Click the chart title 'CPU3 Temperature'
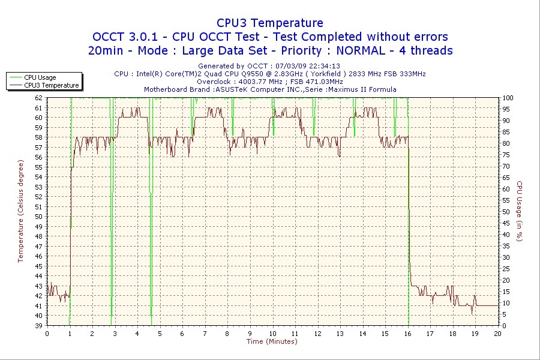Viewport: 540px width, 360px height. coord(269,23)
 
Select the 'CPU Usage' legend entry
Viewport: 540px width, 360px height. coord(40,77)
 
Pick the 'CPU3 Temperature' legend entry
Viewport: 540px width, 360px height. coord(51,85)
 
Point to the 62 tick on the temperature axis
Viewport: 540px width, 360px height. coord(39,98)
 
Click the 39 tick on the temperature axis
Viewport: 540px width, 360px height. coord(39,325)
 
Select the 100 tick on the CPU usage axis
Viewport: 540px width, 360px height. coord(508,98)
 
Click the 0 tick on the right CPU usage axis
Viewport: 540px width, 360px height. coord(505,325)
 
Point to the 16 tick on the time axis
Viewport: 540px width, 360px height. coord(408,334)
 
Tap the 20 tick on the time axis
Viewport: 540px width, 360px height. coord(498,334)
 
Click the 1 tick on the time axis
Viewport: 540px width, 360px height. coord(70,334)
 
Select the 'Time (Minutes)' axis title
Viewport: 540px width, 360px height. coord(272,341)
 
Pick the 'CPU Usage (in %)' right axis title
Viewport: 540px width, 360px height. coord(520,211)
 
